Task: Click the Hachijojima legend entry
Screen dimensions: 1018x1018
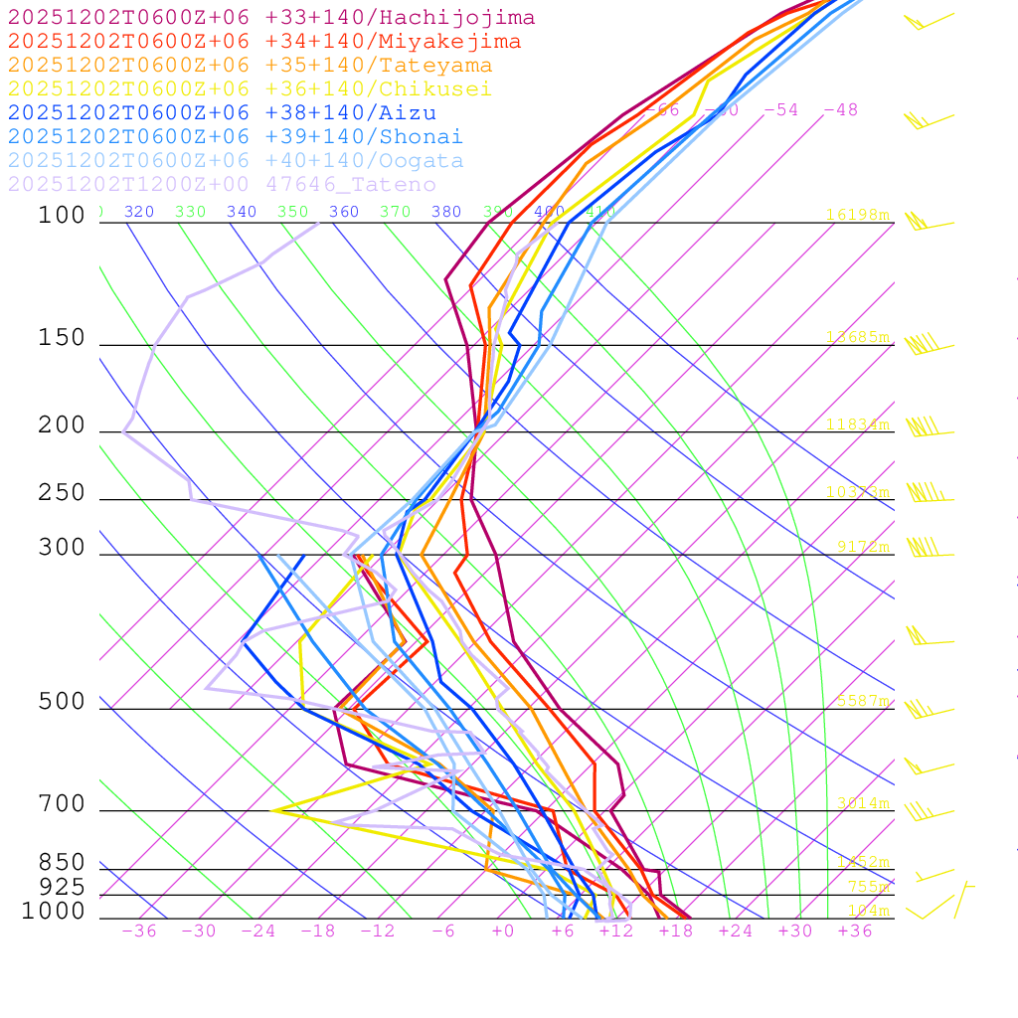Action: coord(270,18)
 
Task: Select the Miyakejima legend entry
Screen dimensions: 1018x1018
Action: coord(263,42)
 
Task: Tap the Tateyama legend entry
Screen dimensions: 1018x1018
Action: coord(250,66)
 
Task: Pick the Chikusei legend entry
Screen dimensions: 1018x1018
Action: coord(250,89)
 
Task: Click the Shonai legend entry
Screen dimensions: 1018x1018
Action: coord(235,137)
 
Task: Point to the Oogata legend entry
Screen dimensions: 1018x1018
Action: coord(235,161)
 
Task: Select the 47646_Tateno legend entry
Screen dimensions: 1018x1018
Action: coord(221,185)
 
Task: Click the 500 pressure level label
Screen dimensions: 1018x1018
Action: coord(62,702)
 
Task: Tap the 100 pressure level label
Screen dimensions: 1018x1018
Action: coord(62,215)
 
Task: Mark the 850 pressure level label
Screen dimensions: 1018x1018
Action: coord(62,863)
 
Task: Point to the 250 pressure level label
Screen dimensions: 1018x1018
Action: coord(62,493)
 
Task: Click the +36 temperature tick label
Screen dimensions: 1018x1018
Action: coord(854,931)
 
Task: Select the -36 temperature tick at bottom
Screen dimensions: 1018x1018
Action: coord(139,931)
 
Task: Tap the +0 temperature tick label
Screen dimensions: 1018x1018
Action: coord(502,931)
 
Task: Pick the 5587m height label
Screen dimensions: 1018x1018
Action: coord(861,701)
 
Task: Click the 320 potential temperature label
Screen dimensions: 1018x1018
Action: coord(139,212)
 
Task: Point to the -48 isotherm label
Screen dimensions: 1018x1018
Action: coord(841,110)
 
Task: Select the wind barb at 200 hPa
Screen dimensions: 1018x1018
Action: coord(925,427)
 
